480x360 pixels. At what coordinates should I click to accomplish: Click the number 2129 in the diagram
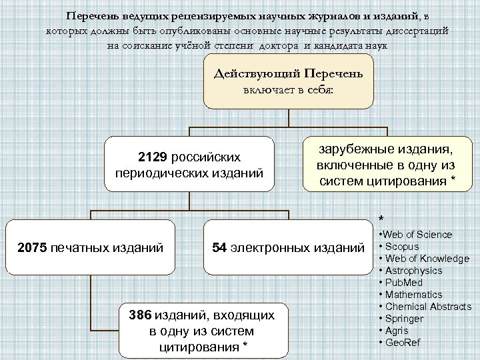153,157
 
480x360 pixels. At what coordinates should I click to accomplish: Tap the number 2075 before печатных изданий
32,249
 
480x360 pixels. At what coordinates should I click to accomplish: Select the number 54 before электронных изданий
219,249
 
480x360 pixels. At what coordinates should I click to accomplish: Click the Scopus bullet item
401,247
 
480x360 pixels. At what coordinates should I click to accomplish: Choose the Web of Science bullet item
418,235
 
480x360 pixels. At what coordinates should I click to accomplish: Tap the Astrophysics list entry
413,271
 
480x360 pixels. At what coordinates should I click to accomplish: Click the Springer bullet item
403,319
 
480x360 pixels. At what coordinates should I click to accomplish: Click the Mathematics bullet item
413,295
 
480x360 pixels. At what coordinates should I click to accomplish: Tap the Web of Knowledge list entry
422,259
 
